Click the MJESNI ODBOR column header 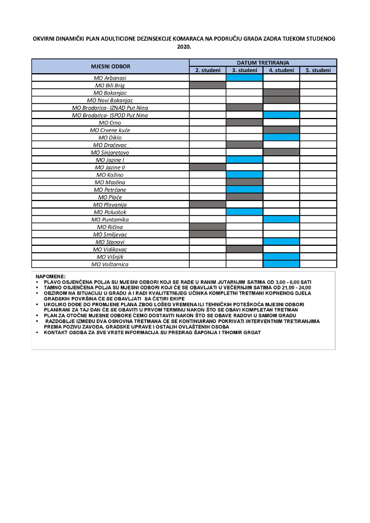click(x=110, y=66)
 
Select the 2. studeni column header click(x=207, y=70)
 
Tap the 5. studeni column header click(x=318, y=70)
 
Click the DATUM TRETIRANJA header click(x=262, y=62)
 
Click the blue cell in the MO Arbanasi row click(x=244, y=77)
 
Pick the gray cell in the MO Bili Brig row click(x=207, y=85)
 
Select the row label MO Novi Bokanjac click(x=110, y=100)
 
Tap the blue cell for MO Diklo click(x=281, y=138)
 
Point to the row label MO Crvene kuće click(x=110, y=130)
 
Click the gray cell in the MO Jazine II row click(x=207, y=167)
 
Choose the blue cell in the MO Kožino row click(x=244, y=175)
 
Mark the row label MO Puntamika click(x=110, y=220)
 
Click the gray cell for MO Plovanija click(x=207, y=205)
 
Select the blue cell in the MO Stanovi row click(x=281, y=242)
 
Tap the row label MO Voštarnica click(x=110, y=264)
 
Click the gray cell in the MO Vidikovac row click(x=244, y=249)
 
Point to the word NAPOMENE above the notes click(x=51, y=276)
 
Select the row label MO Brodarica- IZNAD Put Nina click(x=110, y=108)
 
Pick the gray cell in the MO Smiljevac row click(x=207, y=234)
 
